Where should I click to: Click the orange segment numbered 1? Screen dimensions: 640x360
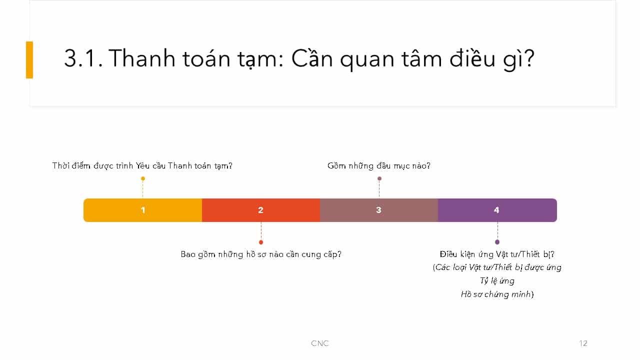coord(143,210)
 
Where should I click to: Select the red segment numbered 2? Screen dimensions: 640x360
coord(261,210)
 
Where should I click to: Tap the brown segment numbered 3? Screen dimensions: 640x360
coord(379,210)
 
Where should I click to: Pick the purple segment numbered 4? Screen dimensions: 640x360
coord(497,210)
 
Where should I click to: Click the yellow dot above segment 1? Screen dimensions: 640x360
coord(143,178)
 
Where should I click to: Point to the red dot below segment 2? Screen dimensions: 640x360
coord(261,242)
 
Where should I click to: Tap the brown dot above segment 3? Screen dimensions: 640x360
coord(379,178)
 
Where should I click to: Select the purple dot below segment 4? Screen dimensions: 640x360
coord(497,242)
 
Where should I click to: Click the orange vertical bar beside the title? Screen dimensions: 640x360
coord(29,59)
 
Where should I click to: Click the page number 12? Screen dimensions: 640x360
coord(583,343)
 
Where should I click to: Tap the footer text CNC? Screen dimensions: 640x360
coord(320,343)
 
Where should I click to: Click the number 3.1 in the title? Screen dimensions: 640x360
coord(83,58)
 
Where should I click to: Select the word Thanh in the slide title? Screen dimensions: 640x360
coord(141,58)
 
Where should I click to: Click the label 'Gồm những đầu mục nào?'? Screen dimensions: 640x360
coord(379,165)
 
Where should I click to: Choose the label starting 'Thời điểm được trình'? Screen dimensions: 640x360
coord(142,165)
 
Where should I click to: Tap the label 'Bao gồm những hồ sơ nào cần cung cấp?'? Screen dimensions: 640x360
coord(261,254)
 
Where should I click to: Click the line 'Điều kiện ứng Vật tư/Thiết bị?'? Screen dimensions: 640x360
coord(497,254)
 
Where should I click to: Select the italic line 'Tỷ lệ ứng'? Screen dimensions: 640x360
coord(497,281)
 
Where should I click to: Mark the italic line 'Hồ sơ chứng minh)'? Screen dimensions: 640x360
coord(497,294)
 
